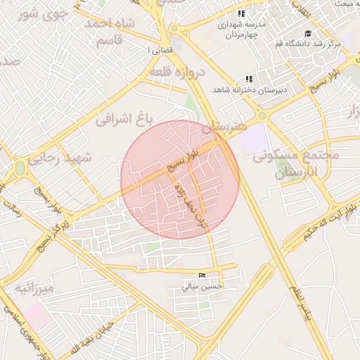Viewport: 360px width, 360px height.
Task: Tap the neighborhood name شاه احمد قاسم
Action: coord(109,32)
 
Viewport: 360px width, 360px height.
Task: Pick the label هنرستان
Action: coord(225,127)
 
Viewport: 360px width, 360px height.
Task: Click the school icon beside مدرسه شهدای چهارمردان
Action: coord(242,14)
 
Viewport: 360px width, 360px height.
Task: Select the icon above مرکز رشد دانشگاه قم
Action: coord(307,34)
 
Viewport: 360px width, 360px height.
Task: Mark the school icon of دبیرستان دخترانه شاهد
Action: coord(248,79)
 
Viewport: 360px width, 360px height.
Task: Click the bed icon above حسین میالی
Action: coord(202,274)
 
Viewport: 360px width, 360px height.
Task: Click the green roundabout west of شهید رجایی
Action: coord(19,168)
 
